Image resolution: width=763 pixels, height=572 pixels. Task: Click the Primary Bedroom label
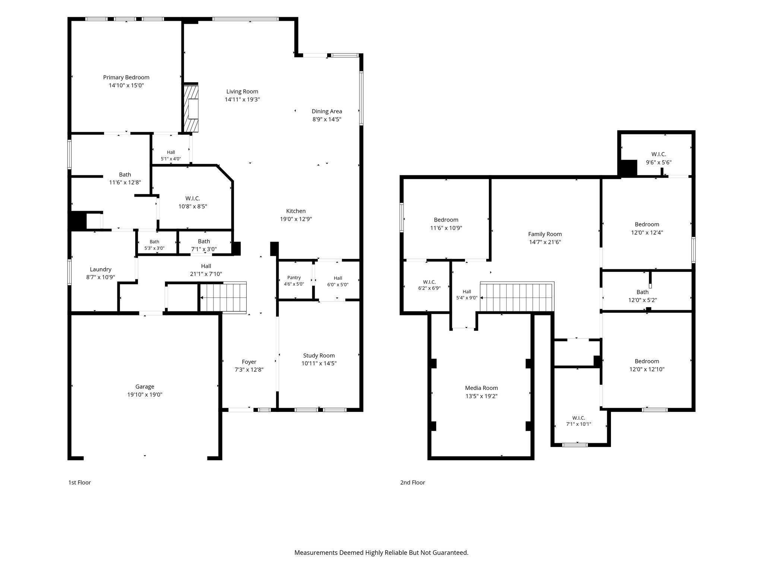[x=126, y=77]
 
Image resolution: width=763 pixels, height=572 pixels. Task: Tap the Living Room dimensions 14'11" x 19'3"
[x=242, y=99]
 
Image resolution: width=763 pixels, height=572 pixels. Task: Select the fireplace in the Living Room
[x=191, y=108]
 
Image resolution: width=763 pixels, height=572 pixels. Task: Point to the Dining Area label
[x=327, y=111]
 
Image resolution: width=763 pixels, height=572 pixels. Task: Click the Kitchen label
[x=296, y=211]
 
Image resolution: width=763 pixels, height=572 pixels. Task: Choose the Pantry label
[x=294, y=277]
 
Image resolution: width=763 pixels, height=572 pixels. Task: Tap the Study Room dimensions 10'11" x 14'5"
[x=319, y=363]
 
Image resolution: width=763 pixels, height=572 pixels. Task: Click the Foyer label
[x=249, y=362]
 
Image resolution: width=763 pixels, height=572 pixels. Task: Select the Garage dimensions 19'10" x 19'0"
[x=145, y=395]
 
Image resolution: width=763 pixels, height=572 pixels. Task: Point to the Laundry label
[x=101, y=269]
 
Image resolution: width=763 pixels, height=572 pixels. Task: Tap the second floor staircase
[x=516, y=297]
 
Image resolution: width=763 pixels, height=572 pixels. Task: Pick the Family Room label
[x=545, y=234]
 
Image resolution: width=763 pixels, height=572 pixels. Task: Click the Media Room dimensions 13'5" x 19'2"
[x=481, y=396]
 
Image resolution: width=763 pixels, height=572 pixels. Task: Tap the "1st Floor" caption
[x=79, y=483]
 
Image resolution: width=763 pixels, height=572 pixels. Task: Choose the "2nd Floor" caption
[x=412, y=483]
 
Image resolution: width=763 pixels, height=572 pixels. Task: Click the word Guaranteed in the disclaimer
[x=450, y=553]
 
